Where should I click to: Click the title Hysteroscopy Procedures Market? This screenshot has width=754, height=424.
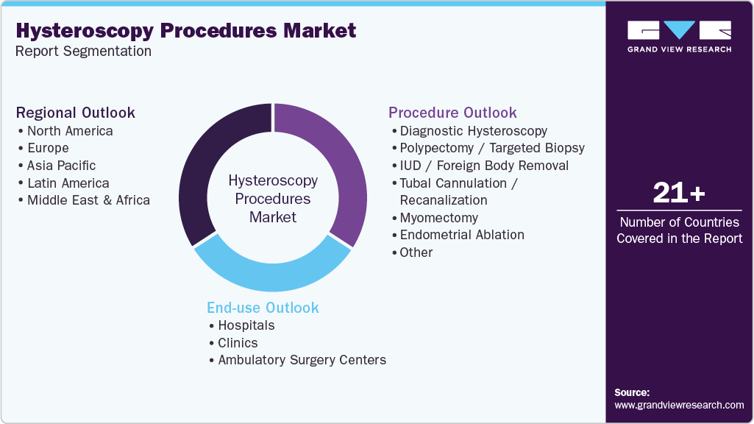click(x=186, y=31)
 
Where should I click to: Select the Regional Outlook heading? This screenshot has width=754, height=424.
click(x=76, y=113)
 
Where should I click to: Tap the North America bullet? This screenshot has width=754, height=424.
click(x=70, y=131)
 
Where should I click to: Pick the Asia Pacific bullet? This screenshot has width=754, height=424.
click(x=61, y=166)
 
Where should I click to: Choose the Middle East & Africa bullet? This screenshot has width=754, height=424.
click(x=88, y=200)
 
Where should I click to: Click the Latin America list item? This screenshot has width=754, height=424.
click(x=68, y=183)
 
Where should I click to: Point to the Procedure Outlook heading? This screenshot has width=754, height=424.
click(x=452, y=113)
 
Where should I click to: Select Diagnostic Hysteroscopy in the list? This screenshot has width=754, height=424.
click(x=473, y=131)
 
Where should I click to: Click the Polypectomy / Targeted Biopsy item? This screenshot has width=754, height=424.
click(x=492, y=148)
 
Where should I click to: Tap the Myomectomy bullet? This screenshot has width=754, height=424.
click(x=438, y=218)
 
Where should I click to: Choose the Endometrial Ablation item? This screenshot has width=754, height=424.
click(x=462, y=235)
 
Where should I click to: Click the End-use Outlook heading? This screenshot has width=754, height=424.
click(x=263, y=308)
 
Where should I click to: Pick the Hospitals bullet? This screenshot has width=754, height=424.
click(x=246, y=325)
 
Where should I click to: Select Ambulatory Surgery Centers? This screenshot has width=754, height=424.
click(x=302, y=360)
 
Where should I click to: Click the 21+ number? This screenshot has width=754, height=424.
click(x=679, y=194)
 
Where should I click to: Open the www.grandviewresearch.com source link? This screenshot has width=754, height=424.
click(x=679, y=405)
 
